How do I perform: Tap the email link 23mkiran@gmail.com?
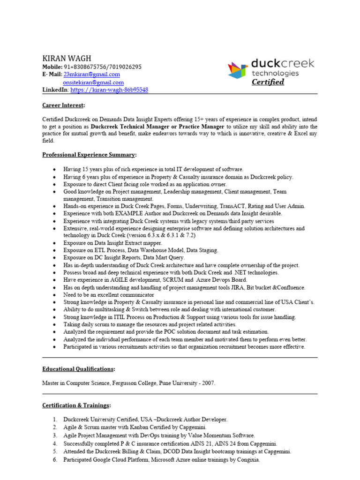click(x=91, y=75)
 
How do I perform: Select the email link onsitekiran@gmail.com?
click(x=93, y=82)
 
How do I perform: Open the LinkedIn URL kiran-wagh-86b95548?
click(x=109, y=90)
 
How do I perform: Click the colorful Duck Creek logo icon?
click(x=238, y=70)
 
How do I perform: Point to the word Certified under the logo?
click(x=268, y=82)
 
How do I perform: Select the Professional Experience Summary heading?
click(x=90, y=154)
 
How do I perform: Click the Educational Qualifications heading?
click(x=78, y=369)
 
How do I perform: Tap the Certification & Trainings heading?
click(x=77, y=405)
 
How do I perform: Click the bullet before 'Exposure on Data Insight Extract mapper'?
click(x=55, y=243)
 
